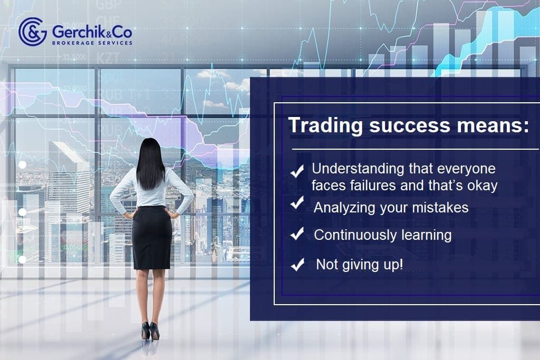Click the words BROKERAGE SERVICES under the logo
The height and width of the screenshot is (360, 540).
point(92,43)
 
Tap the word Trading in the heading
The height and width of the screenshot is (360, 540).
point(321,127)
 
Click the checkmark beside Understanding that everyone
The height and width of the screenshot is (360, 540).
point(297,170)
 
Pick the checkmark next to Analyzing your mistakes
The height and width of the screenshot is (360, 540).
point(297,203)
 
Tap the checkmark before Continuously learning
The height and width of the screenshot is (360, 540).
point(297,234)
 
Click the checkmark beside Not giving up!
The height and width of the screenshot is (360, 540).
point(297,265)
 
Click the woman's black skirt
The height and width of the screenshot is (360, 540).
point(152,237)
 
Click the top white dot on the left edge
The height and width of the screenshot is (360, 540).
point(22,165)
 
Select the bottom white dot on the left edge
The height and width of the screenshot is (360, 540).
point(22,259)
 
